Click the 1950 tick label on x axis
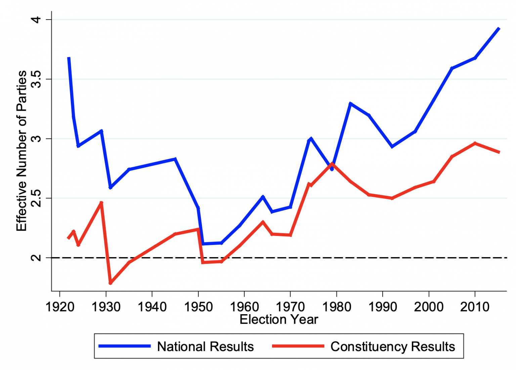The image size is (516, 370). [198, 307]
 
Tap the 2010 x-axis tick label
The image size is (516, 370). [475, 307]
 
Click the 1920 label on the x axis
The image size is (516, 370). [59, 307]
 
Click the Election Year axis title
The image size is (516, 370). [278, 320]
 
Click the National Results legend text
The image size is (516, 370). [205, 346]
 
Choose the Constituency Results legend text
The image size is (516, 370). [392, 346]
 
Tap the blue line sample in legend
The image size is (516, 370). [124, 346]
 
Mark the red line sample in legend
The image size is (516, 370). [298, 346]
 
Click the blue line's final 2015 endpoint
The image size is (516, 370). [499, 29]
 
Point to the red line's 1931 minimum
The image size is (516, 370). [110, 283]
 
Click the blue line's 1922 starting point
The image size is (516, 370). [69, 58]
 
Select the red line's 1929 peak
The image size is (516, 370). [101, 203]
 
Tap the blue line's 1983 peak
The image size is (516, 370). [350, 104]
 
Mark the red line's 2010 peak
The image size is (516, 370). [475, 143]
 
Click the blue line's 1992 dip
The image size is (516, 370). [392, 147]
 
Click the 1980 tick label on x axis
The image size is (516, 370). [337, 307]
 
